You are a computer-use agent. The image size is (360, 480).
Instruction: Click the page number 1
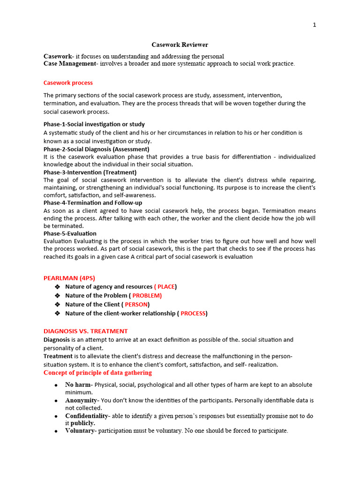tap(315, 25)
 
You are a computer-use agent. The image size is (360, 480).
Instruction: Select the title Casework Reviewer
tap(180, 45)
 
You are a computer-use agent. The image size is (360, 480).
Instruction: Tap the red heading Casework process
tap(68, 83)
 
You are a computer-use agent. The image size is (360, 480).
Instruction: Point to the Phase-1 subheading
tap(94, 124)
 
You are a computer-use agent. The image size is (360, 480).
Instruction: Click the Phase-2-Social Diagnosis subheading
tap(96, 149)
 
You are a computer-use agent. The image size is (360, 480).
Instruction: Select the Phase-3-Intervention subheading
tap(90, 172)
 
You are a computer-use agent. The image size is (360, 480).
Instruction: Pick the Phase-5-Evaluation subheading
tap(70, 233)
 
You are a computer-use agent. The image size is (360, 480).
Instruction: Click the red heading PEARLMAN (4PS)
tap(69, 278)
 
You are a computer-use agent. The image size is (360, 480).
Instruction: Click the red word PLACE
tap(166, 287)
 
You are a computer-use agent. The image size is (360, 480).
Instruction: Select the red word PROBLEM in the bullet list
tap(147, 296)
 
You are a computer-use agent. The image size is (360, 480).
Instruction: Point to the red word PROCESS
tap(193, 314)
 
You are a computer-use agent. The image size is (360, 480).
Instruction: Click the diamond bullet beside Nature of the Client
tap(58, 305)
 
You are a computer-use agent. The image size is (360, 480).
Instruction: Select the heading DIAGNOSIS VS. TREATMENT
tap(85, 331)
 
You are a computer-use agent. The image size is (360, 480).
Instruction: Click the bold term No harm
tap(78, 385)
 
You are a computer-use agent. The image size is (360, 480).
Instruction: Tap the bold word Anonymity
tap(81, 401)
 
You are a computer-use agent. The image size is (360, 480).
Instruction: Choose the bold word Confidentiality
tap(87, 416)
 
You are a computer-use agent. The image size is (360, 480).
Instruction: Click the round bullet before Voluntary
tap(56, 431)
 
